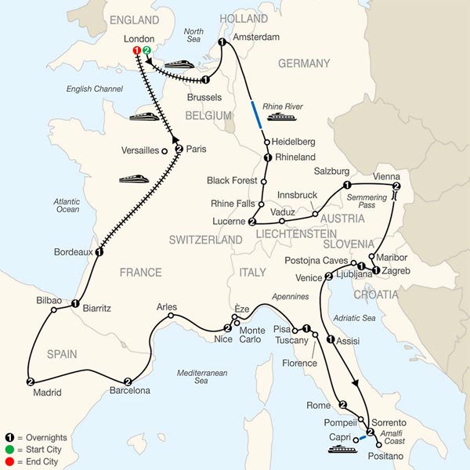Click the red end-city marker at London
click(x=138, y=52)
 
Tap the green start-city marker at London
click(x=147, y=52)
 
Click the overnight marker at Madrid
click(x=30, y=381)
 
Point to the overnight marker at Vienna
click(x=396, y=186)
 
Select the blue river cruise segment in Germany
click(x=256, y=114)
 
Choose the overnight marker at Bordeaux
click(x=99, y=252)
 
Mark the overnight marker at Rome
click(x=343, y=404)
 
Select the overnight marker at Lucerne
click(x=252, y=222)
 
